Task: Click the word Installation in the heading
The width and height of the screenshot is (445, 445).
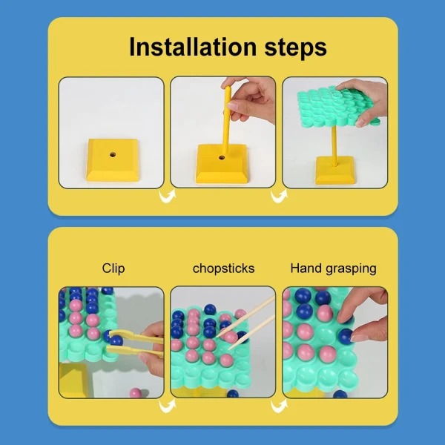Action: coord(193,47)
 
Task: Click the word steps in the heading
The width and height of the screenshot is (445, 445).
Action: coord(295,48)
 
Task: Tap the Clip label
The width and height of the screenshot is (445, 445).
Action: coord(113,268)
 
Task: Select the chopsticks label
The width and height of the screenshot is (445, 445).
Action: coord(224,268)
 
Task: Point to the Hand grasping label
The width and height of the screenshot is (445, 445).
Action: coord(334,268)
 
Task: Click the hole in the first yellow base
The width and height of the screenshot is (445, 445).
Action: coord(113,155)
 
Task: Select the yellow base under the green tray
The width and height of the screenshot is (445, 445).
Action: coord(335,170)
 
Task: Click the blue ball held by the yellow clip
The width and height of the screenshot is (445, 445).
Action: coord(116,340)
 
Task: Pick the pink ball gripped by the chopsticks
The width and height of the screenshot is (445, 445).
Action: coord(231,337)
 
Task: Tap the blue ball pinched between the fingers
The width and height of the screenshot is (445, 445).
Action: coord(346,336)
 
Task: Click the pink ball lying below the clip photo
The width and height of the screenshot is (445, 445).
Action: coord(136,393)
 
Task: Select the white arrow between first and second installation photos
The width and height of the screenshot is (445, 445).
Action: coord(168,196)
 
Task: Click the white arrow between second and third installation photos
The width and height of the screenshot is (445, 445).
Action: coord(279,196)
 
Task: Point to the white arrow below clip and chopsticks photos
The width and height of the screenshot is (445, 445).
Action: coord(168,406)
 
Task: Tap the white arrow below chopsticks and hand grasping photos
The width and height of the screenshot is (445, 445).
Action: coord(279,406)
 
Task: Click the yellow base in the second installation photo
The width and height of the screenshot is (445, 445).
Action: coord(221,164)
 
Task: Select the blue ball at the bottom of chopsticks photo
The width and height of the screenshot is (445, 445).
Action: coord(233,394)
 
